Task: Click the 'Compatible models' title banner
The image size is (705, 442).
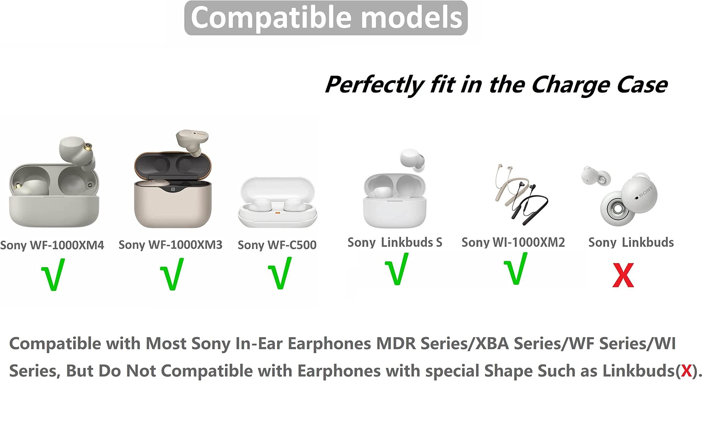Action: point(326,18)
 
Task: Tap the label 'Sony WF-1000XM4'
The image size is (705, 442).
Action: point(52,245)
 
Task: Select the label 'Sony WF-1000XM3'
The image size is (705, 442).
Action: point(170,245)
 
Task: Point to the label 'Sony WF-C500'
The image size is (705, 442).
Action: point(277,245)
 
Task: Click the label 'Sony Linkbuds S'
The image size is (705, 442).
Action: point(395,242)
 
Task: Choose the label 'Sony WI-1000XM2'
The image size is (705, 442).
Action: point(513,242)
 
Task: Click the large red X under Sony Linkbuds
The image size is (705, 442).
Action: point(623,275)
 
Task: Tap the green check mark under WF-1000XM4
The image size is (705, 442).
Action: point(53,275)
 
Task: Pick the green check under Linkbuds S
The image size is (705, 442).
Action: point(397,269)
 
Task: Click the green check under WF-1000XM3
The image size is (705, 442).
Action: point(172,274)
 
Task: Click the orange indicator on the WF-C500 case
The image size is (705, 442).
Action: point(278,213)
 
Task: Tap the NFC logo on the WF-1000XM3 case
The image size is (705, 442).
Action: point(173,189)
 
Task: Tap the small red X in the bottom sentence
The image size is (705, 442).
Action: point(686,371)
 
